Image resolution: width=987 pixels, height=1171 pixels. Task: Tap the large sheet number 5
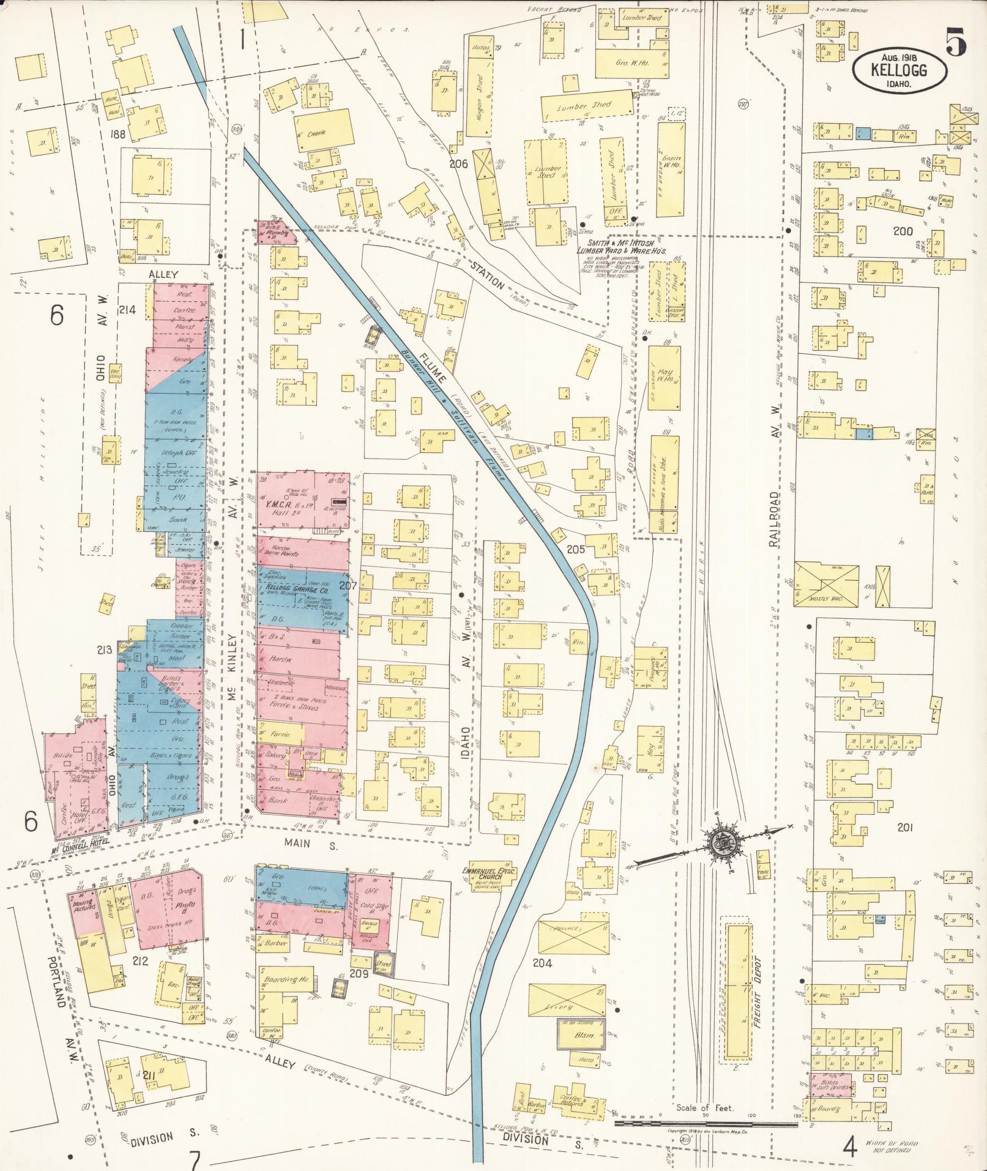pyautogui.click(x=956, y=43)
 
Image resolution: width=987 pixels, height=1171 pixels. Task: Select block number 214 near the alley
pyautogui.click(x=128, y=310)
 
